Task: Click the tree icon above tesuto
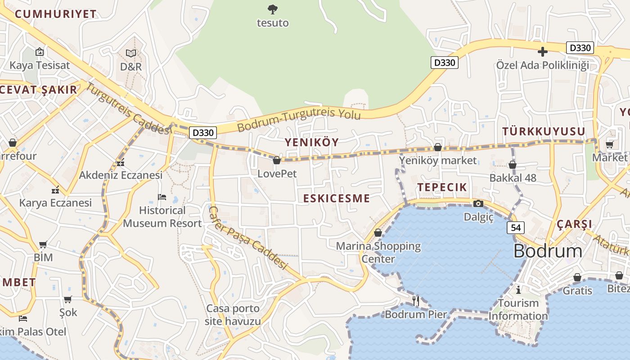[272, 9]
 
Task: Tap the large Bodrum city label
[548, 251]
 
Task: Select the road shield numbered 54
[516, 228]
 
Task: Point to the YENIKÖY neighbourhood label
[311, 142]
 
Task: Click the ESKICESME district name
[336, 198]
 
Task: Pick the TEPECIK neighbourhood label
[442, 187]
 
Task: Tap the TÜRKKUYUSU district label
[544, 131]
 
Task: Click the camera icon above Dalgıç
[478, 204]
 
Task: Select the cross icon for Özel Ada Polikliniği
[543, 52]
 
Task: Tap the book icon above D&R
[130, 54]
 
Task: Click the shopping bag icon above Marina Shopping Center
[378, 233]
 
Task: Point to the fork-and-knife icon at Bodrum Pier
[416, 300]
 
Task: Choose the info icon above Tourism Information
[518, 289]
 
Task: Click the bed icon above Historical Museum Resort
[162, 197]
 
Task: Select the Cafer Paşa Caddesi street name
[248, 238]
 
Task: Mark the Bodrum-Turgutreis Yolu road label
[299, 120]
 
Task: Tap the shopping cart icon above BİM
[43, 245]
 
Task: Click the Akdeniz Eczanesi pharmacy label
[121, 175]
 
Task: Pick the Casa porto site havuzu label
[233, 315]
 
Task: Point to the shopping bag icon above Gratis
[577, 277]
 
